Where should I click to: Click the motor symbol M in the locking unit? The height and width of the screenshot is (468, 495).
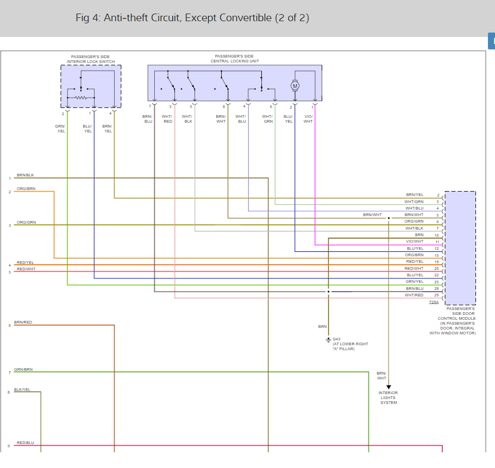click(295, 86)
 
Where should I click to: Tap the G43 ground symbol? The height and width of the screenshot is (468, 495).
click(328, 340)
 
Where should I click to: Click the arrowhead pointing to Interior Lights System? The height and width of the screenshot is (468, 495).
click(389, 387)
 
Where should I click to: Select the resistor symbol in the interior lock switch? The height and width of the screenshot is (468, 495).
click(81, 98)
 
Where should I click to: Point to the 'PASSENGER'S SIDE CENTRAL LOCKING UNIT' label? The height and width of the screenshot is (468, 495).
click(235, 59)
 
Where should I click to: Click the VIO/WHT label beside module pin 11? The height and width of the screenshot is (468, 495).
click(415, 242)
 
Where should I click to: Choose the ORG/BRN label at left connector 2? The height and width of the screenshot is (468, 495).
click(26, 188)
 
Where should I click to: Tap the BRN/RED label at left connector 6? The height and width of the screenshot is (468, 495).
click(23, 322)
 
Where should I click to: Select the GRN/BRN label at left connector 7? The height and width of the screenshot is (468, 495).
click(23, 369)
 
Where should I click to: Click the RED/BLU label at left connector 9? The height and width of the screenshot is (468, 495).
click(25, 443)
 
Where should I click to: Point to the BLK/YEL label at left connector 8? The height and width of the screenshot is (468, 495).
click(22, 389)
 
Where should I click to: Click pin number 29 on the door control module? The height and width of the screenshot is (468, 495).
click(437, 295)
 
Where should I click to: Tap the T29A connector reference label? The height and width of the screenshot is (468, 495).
click(434, 302)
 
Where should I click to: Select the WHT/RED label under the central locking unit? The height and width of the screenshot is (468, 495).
click(167, 119)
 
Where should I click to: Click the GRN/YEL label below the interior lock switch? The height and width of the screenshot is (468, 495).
click(60, 129)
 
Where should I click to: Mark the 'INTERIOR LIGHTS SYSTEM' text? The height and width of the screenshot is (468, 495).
click(389, 397)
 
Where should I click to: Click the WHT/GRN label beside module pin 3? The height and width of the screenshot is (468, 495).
click(414, 202)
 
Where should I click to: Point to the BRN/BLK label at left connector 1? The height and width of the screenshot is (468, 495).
click(25, 175)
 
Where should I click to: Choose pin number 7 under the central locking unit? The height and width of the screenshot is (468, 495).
click(150, 106)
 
